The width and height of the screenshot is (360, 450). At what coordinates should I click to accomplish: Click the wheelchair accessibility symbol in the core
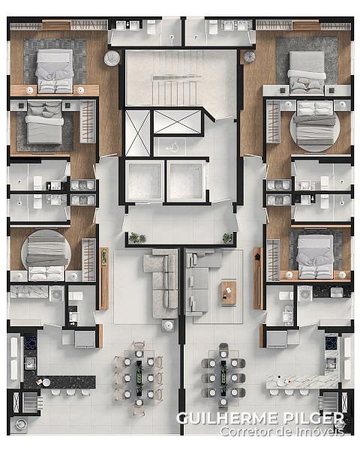coord(172,148)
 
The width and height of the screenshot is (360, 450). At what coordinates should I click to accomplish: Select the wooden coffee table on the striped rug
coord(229,293)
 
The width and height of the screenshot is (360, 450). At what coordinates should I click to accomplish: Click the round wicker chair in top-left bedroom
coord(112,58)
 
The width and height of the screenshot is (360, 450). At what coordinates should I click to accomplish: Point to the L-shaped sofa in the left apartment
coord(160,283)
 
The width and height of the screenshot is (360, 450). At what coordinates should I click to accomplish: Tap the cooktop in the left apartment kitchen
coord(30,343)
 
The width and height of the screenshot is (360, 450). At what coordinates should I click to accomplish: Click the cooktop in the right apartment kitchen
coord(331,343)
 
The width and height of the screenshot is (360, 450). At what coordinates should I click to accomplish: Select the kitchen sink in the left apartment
coord(30,364)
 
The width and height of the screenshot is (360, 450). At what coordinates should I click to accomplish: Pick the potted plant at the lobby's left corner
coord(137,238)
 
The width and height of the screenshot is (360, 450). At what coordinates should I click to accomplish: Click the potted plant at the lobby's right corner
coord(228,238)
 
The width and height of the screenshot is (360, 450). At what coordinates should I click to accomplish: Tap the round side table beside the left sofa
coord(168,325)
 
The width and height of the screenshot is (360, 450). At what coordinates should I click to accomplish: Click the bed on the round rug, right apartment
coord(316,123)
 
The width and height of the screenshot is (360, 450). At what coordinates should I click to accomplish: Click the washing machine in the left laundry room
coord(56,293)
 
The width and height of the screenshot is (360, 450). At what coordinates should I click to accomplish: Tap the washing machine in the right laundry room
coord(304,293)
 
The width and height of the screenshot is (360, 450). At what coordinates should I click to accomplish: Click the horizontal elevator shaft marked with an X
coord(177,121)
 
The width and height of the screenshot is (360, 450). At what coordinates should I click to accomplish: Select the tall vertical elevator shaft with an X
coord(137,133)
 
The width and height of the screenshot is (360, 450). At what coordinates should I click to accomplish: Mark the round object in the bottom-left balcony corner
coord(21,424)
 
